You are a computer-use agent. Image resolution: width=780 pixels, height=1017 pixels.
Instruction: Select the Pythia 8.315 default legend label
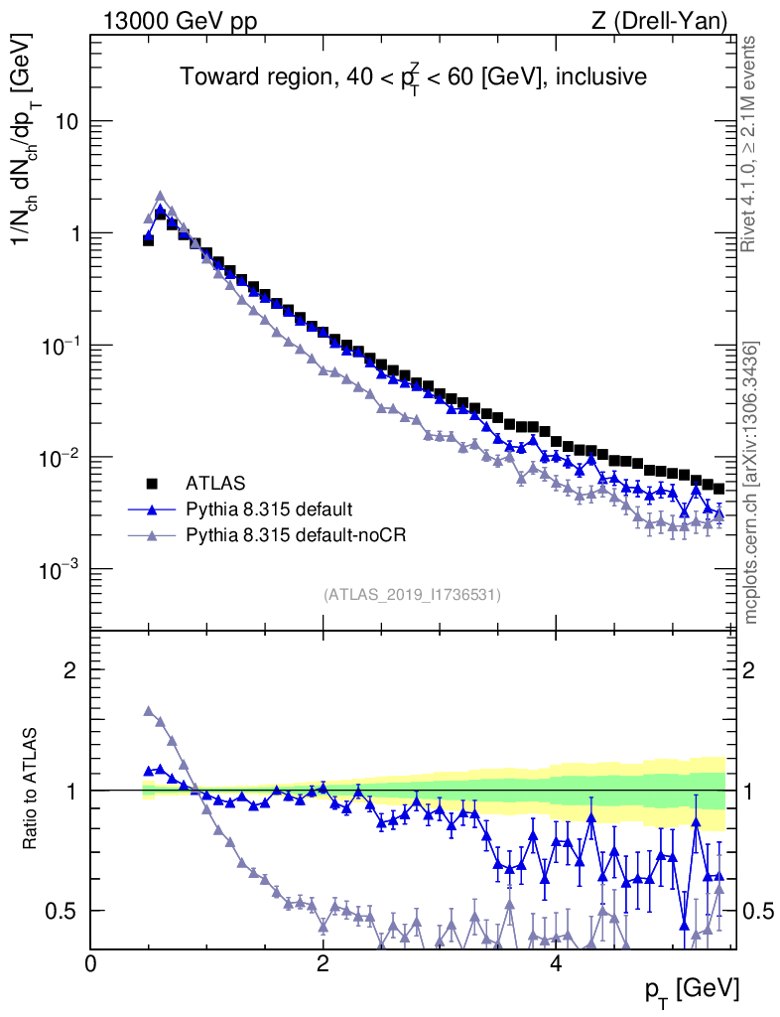point(268,509)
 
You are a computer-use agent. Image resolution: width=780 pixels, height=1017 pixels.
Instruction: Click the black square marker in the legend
point(153,484)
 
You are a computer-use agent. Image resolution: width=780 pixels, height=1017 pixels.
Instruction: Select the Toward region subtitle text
point(413,76)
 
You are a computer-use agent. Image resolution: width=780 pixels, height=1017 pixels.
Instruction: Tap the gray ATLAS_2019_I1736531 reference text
point(412,595)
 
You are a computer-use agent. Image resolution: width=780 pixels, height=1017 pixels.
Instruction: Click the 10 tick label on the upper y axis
point(68,121)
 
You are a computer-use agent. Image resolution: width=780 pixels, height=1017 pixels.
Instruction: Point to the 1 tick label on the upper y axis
point(74,233)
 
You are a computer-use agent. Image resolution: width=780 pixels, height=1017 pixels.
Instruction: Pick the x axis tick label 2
point(323,963)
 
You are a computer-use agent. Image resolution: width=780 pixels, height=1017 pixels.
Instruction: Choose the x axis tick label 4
point(555,963)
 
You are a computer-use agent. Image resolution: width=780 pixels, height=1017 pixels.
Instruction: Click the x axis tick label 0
point(90,963)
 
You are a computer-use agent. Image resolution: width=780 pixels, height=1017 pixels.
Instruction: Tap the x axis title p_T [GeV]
point(692,989)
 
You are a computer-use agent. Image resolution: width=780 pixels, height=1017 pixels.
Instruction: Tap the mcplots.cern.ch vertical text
point(751,483)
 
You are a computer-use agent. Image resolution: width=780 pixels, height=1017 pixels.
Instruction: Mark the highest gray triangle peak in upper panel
point(160,197)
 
